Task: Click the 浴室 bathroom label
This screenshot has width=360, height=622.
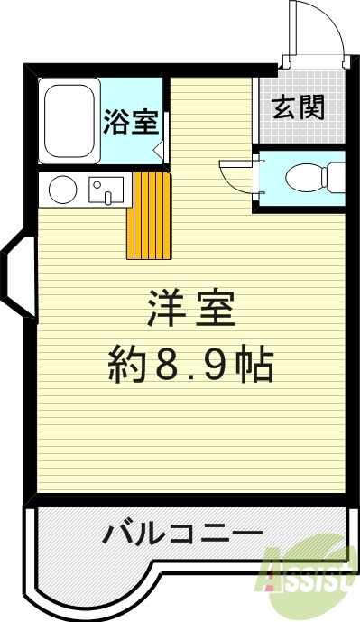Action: tap(131, 122)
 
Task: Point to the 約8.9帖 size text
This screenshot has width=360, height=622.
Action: tap(190, 365)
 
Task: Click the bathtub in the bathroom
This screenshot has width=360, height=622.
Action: tap(69, 122)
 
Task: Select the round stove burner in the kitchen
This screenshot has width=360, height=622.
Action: tap(62, 190)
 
